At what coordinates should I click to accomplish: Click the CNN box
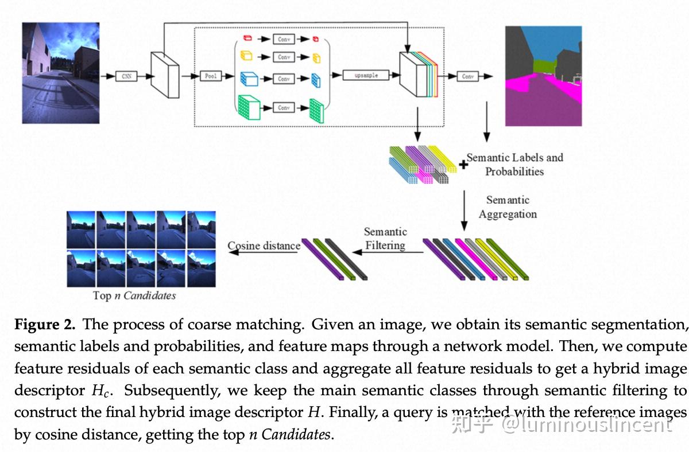[x=126, y=76]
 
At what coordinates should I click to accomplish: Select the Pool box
[x=211, y=76]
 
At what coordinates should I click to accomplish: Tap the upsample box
[x=366, y=75]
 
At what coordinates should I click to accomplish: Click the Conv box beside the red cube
[x=284, y=40]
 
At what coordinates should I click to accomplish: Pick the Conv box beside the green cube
[x=284, y=107]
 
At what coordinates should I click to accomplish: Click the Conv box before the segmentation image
[x=467, y=76]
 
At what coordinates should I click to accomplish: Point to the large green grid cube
[x=249, y=107]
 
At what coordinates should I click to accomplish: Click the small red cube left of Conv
[x=247, y=38]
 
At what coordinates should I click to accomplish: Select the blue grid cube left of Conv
[x=249, y=79]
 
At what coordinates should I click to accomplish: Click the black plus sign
[x=463, y=165]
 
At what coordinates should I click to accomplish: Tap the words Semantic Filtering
[x=385, y=239]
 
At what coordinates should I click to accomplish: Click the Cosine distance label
[x=264, y=246]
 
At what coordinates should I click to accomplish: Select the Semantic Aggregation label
[x=508, y=207]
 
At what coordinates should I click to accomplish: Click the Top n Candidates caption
[x=134, y=295]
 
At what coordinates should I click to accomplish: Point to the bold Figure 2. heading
[x=45, y=325]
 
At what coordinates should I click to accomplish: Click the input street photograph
[x=61, y=73]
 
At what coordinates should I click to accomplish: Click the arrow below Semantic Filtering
[x=388, y=252]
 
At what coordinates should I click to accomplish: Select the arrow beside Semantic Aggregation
[x=465, y=211]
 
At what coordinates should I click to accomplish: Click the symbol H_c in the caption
[x=100, y=391]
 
